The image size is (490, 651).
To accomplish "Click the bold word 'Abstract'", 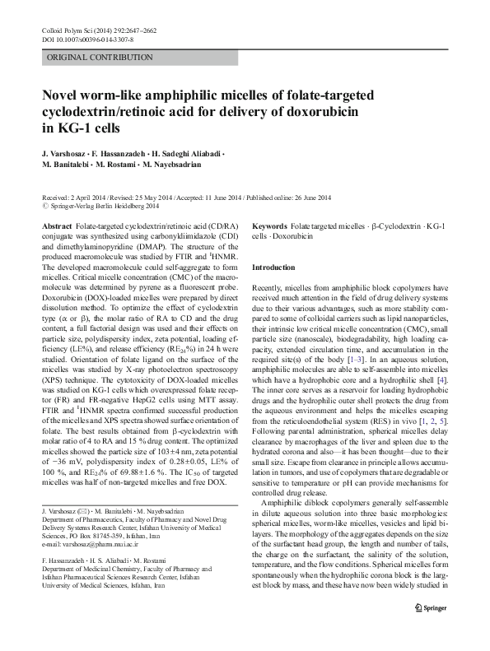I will click(x=56, y=226).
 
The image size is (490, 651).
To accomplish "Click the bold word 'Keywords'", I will click(x=269, y=226).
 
